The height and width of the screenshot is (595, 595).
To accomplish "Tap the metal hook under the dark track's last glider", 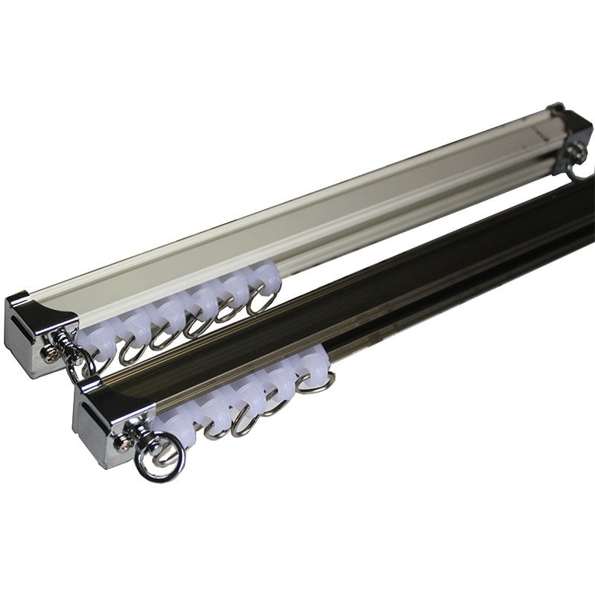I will tap(316, 383).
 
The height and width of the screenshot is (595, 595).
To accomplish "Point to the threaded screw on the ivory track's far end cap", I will tap(577, 152).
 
